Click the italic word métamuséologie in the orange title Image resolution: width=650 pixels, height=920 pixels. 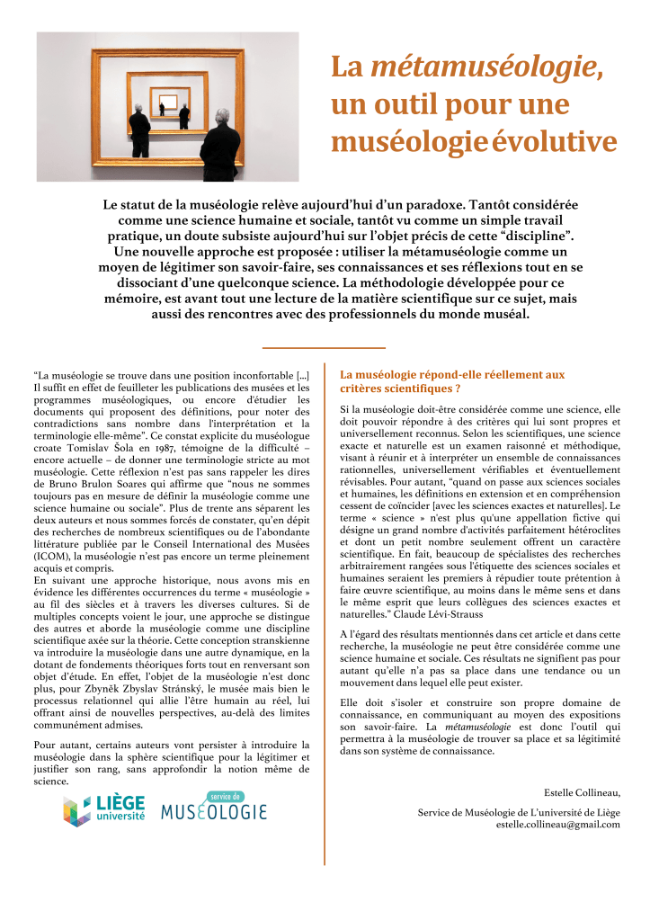coord(485,66)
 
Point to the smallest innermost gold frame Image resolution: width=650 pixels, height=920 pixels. coord(169,99)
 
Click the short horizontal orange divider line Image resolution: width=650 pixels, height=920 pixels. coord(324,347)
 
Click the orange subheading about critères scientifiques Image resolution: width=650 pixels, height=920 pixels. coord(452,381)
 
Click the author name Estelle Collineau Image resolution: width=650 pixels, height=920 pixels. coord(582,792)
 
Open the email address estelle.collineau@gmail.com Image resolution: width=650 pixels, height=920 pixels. coord(557,824)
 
